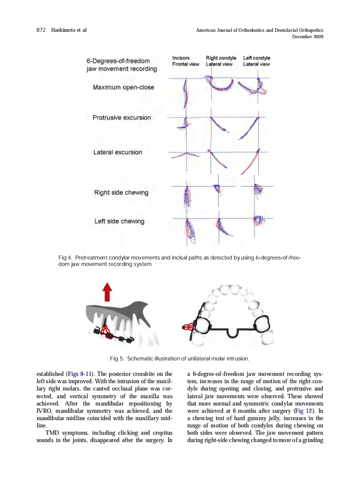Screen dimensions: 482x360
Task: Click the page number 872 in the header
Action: (42, 30)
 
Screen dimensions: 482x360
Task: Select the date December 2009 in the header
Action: (307, 37)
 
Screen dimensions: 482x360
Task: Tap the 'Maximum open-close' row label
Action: (123, 87)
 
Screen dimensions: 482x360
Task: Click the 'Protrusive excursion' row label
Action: (122, 117)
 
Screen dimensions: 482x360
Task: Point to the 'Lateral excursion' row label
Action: (118, 152)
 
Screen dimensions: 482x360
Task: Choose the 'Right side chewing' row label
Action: (121, 192)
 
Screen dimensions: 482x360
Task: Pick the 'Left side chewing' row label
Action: (119, 221)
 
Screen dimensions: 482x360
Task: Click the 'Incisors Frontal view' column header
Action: (186, 61)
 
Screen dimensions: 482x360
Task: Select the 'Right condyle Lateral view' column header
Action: (221, 61)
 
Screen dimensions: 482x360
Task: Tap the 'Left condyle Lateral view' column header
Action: (256, 61)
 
